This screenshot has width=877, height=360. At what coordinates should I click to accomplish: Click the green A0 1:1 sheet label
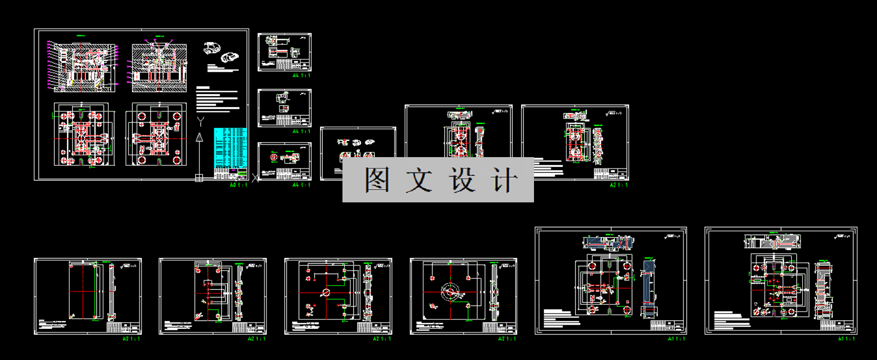click(x=238, y=185)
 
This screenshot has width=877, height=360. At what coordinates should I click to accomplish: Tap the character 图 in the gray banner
click(x=377, y=180)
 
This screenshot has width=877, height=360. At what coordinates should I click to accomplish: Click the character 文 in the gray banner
click(x=418, y=180)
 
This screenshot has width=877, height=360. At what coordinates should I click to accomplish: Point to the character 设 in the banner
click(x=462, y=180)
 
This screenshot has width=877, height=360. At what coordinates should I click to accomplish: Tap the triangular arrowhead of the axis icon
click(x=199, y=137)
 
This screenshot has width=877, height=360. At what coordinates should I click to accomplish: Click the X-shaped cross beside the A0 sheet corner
click(x=255, y=178)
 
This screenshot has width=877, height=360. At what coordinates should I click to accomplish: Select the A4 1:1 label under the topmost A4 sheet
click(x=301, y=75)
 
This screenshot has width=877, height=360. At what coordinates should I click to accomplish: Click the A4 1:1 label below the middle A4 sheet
click(x=301, y=132)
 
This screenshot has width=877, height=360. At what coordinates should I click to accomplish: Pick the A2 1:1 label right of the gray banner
click(x=619, y=185)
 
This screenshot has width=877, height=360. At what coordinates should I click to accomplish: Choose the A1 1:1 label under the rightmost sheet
click(x=847, y=339)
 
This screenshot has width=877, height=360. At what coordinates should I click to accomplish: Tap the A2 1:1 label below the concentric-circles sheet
click(x=507, y=339)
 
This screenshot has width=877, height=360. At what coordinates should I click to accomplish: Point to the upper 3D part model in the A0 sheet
click(x=212, y=48)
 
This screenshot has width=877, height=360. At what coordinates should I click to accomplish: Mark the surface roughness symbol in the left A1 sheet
click(x=672, y=237)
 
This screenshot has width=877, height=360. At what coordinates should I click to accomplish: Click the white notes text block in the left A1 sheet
click(x=562, y=317)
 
